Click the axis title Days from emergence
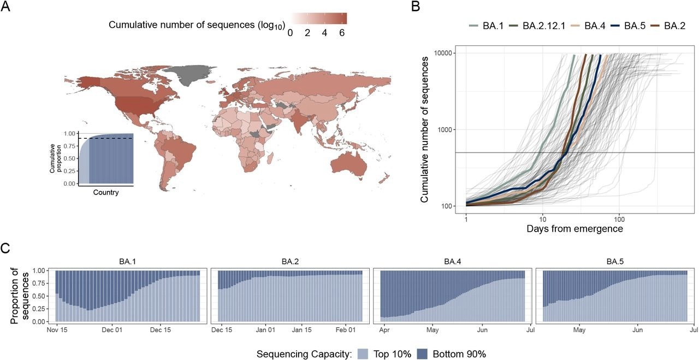574,229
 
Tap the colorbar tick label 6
342,32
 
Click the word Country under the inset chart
105,192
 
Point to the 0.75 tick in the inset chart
68,146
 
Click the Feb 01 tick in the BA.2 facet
345,330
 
